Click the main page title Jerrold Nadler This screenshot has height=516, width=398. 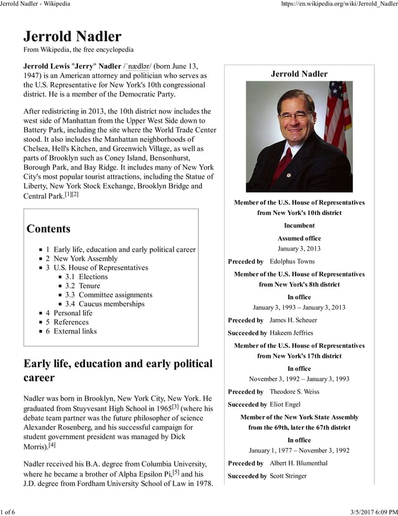pyautogui.click(x=72, y=36)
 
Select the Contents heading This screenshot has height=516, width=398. pyautogui.click(x=49, y=229)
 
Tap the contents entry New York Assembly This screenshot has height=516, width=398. pyautogui.click(x=85, y=259)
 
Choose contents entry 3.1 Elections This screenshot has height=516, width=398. pyautogui.click(x=86, y=277)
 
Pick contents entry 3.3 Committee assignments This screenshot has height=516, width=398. pyautogui.click(x=109, y=295)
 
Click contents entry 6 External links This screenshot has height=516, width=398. pyautogui.click(x=75, y=331)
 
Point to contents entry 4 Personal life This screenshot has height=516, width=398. pyautogui.click(x=72, y=313)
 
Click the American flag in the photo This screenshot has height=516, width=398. pyautogui.click(x=339, y=116)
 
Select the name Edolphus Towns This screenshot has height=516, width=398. pyautogui.click(x=292, y=262)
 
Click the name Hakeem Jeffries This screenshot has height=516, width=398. pyautogui.click(x=291, y=333)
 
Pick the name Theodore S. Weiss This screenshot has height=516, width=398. pyautogui.click(x=295, y=392)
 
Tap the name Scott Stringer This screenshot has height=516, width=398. pyautogui.click(x=288, y=476)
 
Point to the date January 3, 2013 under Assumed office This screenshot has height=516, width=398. pyautogui.click(x=299, y=249)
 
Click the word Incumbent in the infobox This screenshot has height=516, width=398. pyautogui.click(x=299, y=226)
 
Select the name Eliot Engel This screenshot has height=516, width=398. pyautogui.click(x=286, y=405)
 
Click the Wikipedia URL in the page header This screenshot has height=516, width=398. pyautogui.click(x=339, y=4)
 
